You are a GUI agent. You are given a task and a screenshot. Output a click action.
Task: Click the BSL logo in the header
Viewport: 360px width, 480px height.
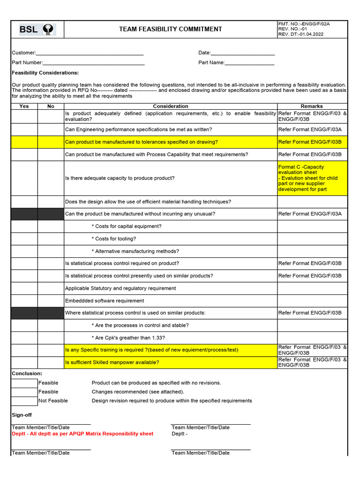37,30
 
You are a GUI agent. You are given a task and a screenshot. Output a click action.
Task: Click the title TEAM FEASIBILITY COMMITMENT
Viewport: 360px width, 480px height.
171,29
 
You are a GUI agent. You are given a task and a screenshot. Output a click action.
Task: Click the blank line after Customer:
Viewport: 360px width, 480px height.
90,53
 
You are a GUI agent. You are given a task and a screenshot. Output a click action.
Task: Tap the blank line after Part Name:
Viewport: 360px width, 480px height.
249,63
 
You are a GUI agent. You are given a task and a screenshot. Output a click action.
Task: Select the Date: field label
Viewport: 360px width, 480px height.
204,53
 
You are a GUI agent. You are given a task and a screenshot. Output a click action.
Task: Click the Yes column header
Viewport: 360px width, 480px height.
24,106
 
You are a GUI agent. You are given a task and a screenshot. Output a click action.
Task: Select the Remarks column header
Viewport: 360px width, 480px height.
312,106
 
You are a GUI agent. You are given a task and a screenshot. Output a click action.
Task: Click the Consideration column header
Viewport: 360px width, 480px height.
171,106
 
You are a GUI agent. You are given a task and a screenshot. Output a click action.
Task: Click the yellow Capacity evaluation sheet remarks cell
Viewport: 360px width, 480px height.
312,178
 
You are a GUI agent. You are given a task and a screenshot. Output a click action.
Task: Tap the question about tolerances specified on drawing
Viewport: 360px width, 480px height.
141,142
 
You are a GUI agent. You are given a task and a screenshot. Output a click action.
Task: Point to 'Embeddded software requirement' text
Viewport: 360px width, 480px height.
105,301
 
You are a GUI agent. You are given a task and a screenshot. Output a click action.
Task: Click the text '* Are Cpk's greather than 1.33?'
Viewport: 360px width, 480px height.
128,338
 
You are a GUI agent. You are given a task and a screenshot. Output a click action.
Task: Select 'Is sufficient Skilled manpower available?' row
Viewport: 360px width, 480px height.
112,362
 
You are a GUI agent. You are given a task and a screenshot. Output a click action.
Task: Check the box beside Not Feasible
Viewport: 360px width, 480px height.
24,401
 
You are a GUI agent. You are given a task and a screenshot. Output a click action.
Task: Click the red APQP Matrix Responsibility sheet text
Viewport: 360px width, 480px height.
82,434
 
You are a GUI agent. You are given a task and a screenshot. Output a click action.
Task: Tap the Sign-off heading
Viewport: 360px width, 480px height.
22,415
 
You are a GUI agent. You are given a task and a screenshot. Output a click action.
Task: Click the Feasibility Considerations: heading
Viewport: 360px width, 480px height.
45,73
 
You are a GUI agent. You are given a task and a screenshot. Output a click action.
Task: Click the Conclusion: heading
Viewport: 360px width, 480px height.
27,374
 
